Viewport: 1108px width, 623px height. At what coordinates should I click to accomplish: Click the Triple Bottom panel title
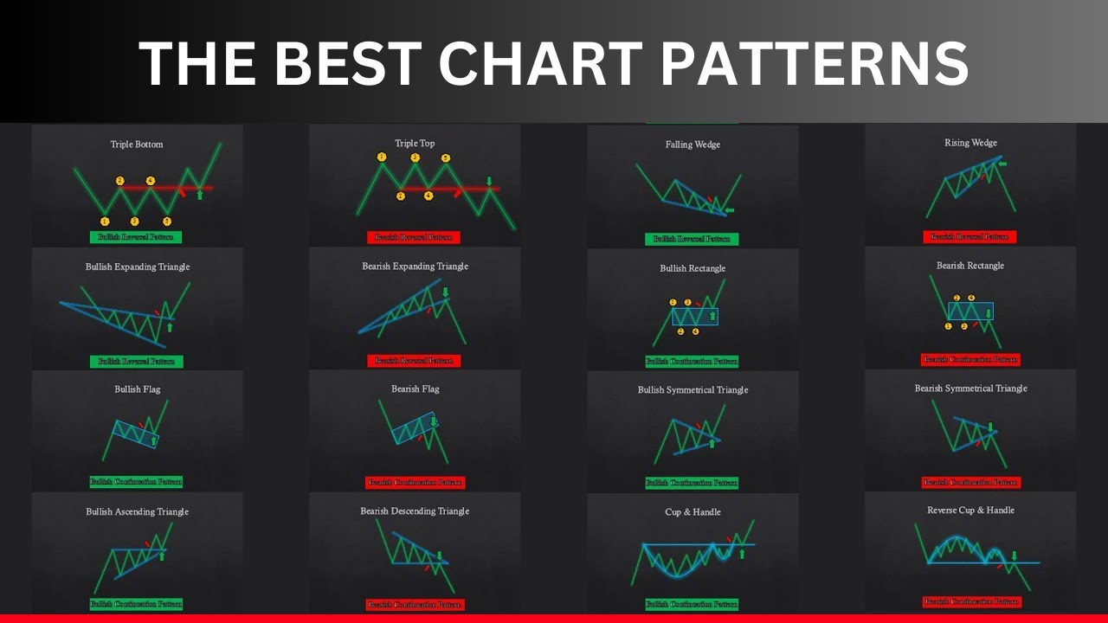[x=137, y=145]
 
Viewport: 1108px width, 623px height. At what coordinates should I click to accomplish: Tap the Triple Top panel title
[x=415, y=144]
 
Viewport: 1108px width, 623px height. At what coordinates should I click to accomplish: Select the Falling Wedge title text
[x=692, y=145]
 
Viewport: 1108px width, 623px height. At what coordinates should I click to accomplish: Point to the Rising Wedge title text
[x=970, y=143]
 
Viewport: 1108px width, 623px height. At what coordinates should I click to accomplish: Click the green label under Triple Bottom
[x=136, y=236]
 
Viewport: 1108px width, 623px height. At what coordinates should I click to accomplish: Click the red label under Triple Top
[x=414, y=237]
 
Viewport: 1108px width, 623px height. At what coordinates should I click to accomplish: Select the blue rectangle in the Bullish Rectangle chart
[x=695, y=317]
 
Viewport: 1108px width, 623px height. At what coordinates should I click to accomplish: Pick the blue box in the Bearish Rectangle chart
[x=970, y=311]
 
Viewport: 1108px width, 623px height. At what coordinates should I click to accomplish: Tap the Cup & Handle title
[x=692, y=512]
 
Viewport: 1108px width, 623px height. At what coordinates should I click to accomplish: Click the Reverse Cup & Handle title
[x=970, y=511]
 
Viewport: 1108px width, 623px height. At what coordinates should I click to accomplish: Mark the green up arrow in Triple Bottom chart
[x=200, y=195]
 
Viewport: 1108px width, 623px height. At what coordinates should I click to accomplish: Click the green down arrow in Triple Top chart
[x=489, y=182]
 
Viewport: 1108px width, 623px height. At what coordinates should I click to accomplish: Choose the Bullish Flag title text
[x=138, y=389]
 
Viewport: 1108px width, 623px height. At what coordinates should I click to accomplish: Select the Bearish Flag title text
[x=415, y=389]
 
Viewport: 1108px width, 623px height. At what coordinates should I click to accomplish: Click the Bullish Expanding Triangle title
[x=138, y=267]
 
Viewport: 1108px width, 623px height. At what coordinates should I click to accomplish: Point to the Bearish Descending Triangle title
[x=415, y=511]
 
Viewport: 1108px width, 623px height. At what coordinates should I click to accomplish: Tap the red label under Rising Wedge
[x=969, y=236]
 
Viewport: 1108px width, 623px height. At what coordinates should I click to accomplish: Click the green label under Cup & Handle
[x=692, y=604]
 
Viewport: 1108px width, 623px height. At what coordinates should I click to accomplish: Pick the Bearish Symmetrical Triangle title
[x=970, y=389]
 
